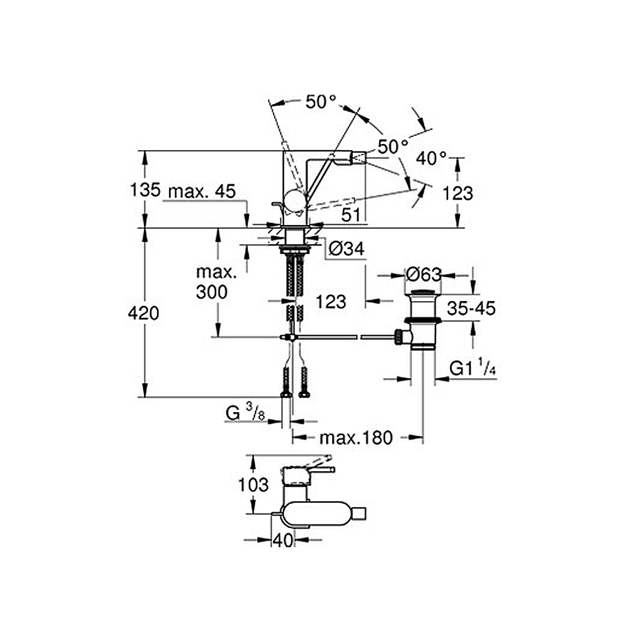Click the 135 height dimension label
(x=146, y=189)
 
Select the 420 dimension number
(x=143, y=313)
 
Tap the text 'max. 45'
(x=202, y=191)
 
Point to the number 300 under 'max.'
(x=212, y=292)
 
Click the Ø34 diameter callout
(x=347, y=249)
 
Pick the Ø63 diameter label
(x=424, y=274)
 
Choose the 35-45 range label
(x=471, y=308)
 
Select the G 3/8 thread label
(x=245, y=413)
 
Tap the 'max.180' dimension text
(x=356, y=438)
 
